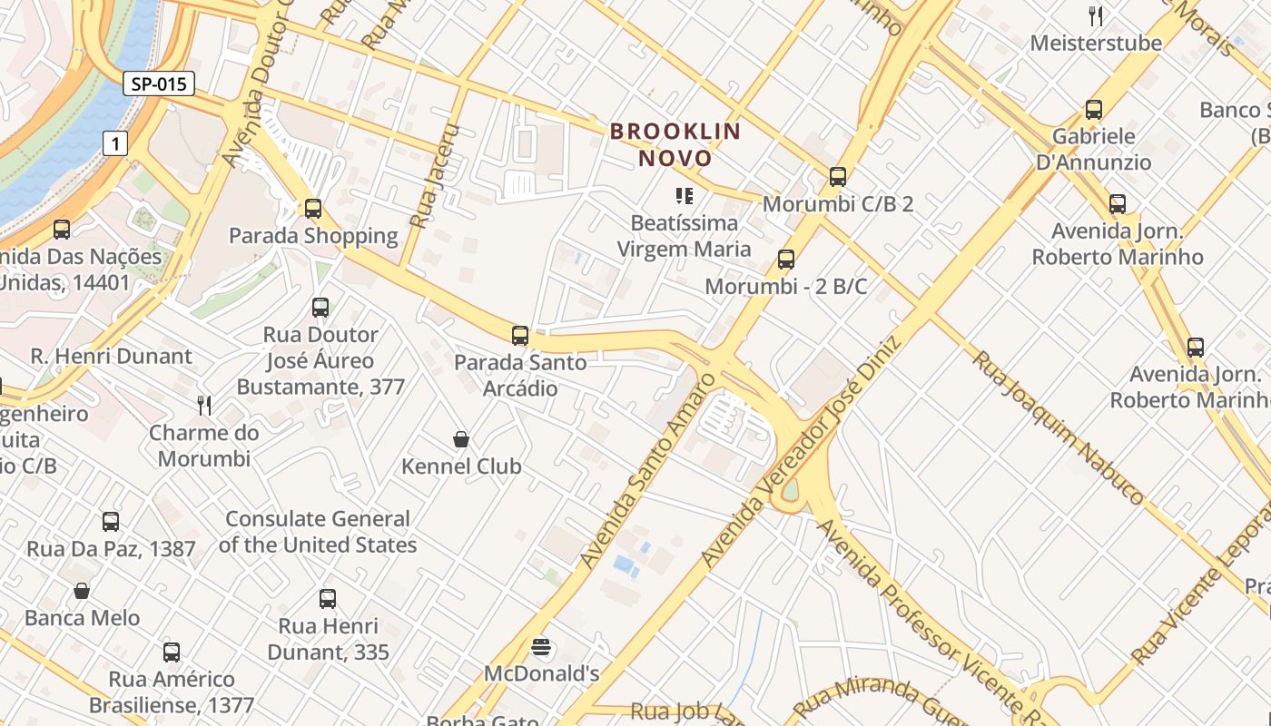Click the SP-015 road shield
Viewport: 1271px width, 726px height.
pyautogui.click(x=159, y=84)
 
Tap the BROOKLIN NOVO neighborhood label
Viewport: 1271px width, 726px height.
pyautogui.click(x=675, y=144)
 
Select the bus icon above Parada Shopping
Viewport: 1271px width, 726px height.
pyautogui.click(x=313, y=209)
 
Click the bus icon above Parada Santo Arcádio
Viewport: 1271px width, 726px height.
pyautogui.click(x=520, y=336)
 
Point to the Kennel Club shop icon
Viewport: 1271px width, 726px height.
pyautogui.click(x=461, y=440)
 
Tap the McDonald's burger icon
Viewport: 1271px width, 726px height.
pyautogui.click(x=542, y=647)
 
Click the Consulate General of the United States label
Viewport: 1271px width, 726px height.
pyautogui.click(x=318, y=532)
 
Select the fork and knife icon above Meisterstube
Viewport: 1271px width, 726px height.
pyautogui.click(x=1096, y=15)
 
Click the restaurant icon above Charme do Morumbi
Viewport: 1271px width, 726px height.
pyautogui.click(x=204, y=405)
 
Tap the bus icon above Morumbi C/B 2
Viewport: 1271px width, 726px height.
pyautogui.click(x=838, y=177)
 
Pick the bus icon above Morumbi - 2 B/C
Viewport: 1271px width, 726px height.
pyautogui.click(x=786, y=260)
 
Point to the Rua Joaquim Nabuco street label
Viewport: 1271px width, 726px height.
pyautogui.click(x=1058, y=427)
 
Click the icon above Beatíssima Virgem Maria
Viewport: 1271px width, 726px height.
pyautogui.click(x=685, y=195)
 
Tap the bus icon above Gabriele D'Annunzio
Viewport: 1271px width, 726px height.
pyautogui.click(x=1094, y=110)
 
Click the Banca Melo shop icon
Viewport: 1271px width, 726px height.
pyautogui.click(x=82, y=592)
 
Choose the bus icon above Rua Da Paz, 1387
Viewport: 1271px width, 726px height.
pyautogui.click(x=111, y=522)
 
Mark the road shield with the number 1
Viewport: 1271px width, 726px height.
pyautogui.click(x=114, y=142)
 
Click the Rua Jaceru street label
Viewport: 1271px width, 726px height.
pyautogui.click(x=435, y=176)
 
